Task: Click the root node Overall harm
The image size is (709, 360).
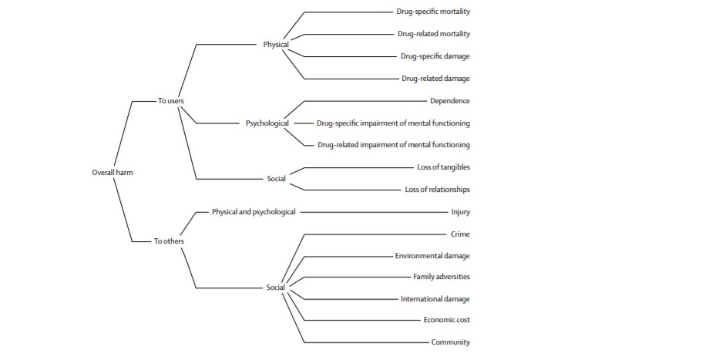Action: pos(113,173)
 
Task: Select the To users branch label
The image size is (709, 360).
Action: pos(170,101)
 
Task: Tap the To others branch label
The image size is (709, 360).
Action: pos(169,241)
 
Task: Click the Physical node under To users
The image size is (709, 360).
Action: pos(276,45)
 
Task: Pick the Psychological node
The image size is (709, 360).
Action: pos(267,123)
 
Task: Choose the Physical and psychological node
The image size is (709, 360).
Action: pos(254,211)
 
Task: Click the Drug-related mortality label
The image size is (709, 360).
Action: pos(434,34)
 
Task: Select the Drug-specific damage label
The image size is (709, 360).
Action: pos(435,56)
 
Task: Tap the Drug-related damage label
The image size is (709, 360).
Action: pos(435,79)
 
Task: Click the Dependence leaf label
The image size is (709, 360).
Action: pos(450,101)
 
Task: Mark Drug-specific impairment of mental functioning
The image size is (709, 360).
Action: pos(393,123)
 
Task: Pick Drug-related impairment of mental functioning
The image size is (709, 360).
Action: pos(394,145)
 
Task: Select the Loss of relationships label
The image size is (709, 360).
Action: pos(437,190)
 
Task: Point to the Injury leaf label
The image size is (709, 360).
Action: pos(461,211)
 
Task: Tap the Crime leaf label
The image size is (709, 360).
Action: pos(460,234)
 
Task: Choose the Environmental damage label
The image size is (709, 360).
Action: pos(432,255)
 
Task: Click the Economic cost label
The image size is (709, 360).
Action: pos(446,320)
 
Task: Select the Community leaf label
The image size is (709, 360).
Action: pos(451,342)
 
